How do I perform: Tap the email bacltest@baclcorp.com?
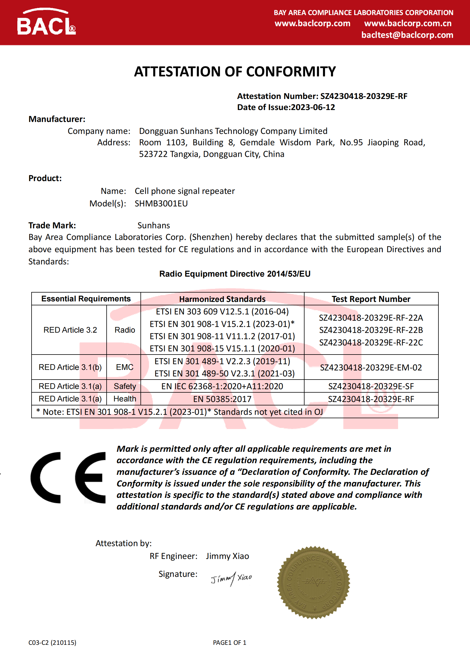coord(407,35)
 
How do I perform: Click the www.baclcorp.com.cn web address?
coord(408,24)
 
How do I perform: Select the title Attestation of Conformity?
coord(235,72)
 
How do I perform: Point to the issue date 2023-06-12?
coord(313,107)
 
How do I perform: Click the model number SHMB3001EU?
coord(161,204)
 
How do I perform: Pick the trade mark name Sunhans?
coord(154,225)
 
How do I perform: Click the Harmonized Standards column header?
coord(222,299)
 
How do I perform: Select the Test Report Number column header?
coord(371,299)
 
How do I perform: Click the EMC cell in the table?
coord(125,367)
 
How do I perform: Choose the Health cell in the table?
coord(125,399)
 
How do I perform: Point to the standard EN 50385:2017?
coord(222,399)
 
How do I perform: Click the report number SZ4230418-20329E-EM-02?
coord(371,368)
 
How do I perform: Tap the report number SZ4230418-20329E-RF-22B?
coord(371,330)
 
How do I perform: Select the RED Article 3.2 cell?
coord(70,330)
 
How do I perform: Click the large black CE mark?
coord(68,477)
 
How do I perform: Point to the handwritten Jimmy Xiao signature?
coord(231,579)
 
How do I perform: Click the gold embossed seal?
coord(313,583)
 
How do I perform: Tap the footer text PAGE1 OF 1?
coord(229,643)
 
